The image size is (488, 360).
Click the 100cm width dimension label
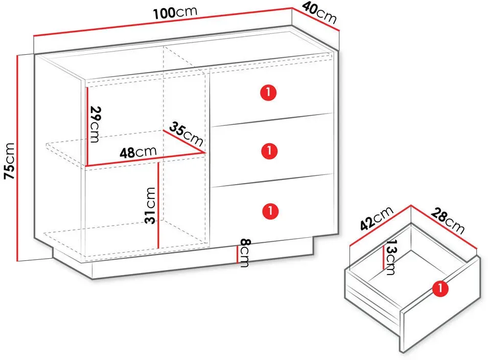(x=175, y=13)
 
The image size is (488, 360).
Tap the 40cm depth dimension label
(x=320, y=13)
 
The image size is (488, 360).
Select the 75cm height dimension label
(x=9, y=161)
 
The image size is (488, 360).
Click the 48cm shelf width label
(x=138, y=152)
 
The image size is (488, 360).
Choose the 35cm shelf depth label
(x=187, y=134)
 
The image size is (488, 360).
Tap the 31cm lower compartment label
(x=150, y=206)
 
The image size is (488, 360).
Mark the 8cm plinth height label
(x=245, y=253)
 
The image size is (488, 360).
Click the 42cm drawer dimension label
(x=377, y=218)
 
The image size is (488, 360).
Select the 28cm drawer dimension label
(x=448, y=221)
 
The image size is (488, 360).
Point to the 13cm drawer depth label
(x=390, y=257)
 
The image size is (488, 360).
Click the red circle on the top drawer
(x=268, y=93)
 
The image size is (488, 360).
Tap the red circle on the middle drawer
(x=269, y=151)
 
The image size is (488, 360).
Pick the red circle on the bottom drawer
(x=270, y=211)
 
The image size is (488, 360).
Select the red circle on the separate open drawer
(x=440, y=288)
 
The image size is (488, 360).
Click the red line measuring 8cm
(x=237, y=255)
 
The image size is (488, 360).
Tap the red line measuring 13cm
(x=383, y=257)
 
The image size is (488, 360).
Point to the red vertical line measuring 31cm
(x=159, y=205)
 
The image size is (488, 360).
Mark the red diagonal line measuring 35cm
(x=184, y=142)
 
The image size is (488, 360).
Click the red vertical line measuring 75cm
(x=18, y=158)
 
